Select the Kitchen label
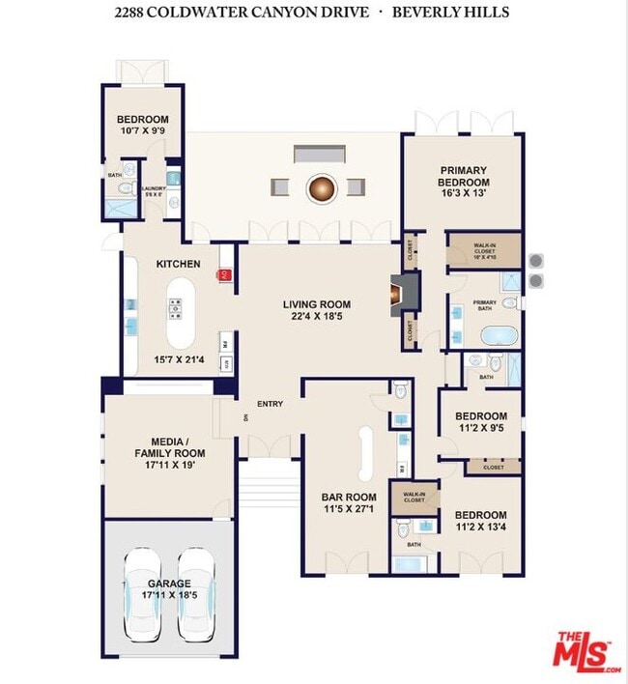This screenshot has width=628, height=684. coord(179,264)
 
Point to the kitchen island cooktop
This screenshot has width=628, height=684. coord(177,309)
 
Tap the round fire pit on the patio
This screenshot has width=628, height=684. coord(321,187)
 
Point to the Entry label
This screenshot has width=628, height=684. coord(270,404)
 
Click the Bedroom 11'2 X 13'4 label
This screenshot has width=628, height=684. coord(480,522)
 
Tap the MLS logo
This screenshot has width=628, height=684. coord(585,652)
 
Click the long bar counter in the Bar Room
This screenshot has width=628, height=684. coord(367,454)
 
